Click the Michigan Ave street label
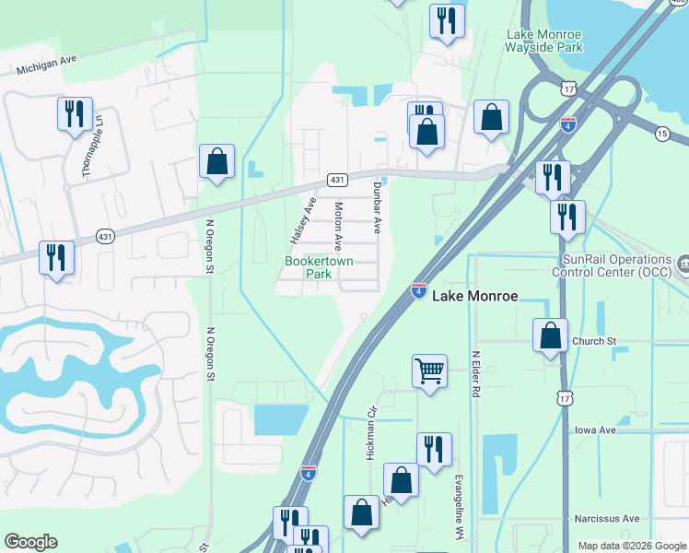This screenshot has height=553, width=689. click(46, 63)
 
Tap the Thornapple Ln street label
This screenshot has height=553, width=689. click(89, 151)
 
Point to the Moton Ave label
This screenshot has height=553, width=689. click(338, 227)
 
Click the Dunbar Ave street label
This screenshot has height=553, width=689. click(376, 206)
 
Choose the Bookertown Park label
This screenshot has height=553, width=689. click(320, 267)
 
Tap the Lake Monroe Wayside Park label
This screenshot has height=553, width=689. click(544, 40)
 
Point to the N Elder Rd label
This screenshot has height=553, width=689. click(476, 373)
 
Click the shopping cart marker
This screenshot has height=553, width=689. click(430, 371)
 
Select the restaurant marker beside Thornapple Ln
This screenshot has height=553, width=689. click(73, 114)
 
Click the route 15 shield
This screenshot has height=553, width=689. click(662, 134)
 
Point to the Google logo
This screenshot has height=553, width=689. click(30, 542)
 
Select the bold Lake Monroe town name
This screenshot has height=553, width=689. click(475, 297)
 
